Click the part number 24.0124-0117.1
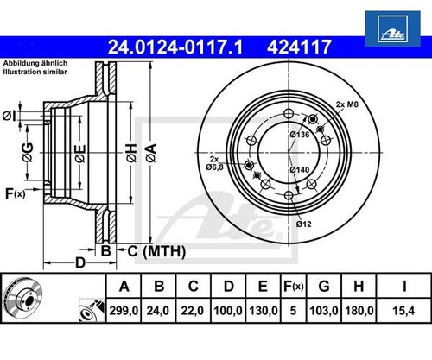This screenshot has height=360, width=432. (x=175, y=47)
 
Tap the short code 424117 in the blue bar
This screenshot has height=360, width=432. (x=299, y=47)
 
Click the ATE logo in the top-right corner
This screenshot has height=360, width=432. (x=392, y=28)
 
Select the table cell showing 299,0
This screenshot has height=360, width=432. (x=124, y=311)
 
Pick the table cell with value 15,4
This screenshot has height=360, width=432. (x=403, y=311)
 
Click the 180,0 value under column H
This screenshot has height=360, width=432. (x=359, y=311)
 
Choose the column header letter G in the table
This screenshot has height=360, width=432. (x=324, y=287)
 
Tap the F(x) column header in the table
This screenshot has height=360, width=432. (x=294, y=287)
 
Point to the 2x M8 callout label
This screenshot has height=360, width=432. (x=347, y=104)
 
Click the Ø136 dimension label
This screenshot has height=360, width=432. (x=300, y=135)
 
